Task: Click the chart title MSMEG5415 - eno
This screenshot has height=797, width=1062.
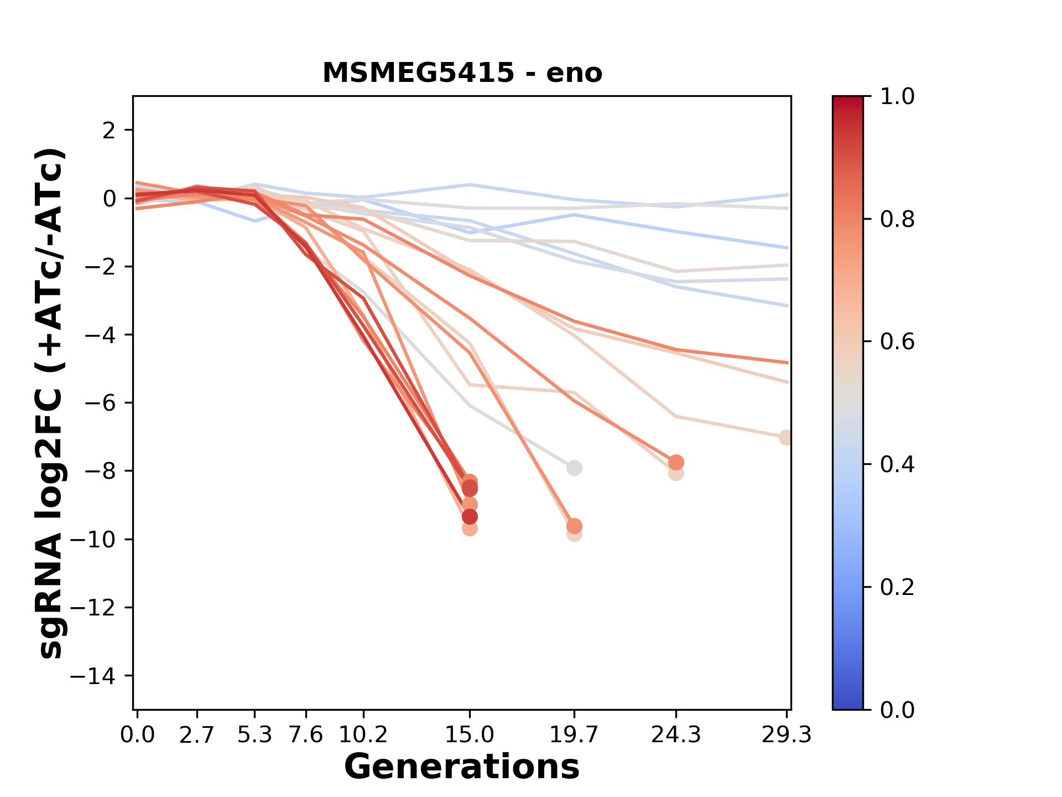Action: pyautogui.click(x=462, y=73)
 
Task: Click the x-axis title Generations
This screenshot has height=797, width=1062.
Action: pyautogui.click(x=462, y=767)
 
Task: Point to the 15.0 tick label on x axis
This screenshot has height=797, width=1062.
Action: pyautogui.click(x=470, y=735)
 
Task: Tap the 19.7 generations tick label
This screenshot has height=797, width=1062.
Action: pyautogui.click(x=574, y=735)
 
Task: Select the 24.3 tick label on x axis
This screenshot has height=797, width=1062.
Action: pyautogui.click(x=675, y=735)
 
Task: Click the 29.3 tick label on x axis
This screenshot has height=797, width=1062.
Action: pyautogui.click(x=786, y=735)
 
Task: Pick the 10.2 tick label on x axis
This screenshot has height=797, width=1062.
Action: pyautogui.click(x=363, y=735)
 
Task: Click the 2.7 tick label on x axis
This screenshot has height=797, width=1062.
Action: pyautogui.click(x=197, y=735)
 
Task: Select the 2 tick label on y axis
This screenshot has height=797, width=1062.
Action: pyautogui.click(x=109, y=130)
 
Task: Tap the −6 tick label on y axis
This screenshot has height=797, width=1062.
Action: pyautogui.click(x=100, y=403)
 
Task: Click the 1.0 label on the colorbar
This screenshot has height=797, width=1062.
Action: pyautogui.click(x=897, y=97)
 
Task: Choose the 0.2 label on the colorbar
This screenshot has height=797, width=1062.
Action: pyautogui.click(x=897, y=587)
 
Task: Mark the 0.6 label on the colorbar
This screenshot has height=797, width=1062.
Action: pyautogui.click(x=897, y=341)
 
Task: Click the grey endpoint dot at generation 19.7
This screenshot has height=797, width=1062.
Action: pyautogui.click(x=574, y=468)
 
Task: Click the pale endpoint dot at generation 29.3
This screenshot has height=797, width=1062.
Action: pyautogui.click(x=786, y=437)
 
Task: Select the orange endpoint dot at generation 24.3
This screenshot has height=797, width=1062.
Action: pyautogui.click(x=676, y=462)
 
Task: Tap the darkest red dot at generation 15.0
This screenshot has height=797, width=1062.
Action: pyautogui.click(x=470, y=517)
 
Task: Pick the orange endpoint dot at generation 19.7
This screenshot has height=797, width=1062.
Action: pyautogui.click(x=574, y=526)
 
